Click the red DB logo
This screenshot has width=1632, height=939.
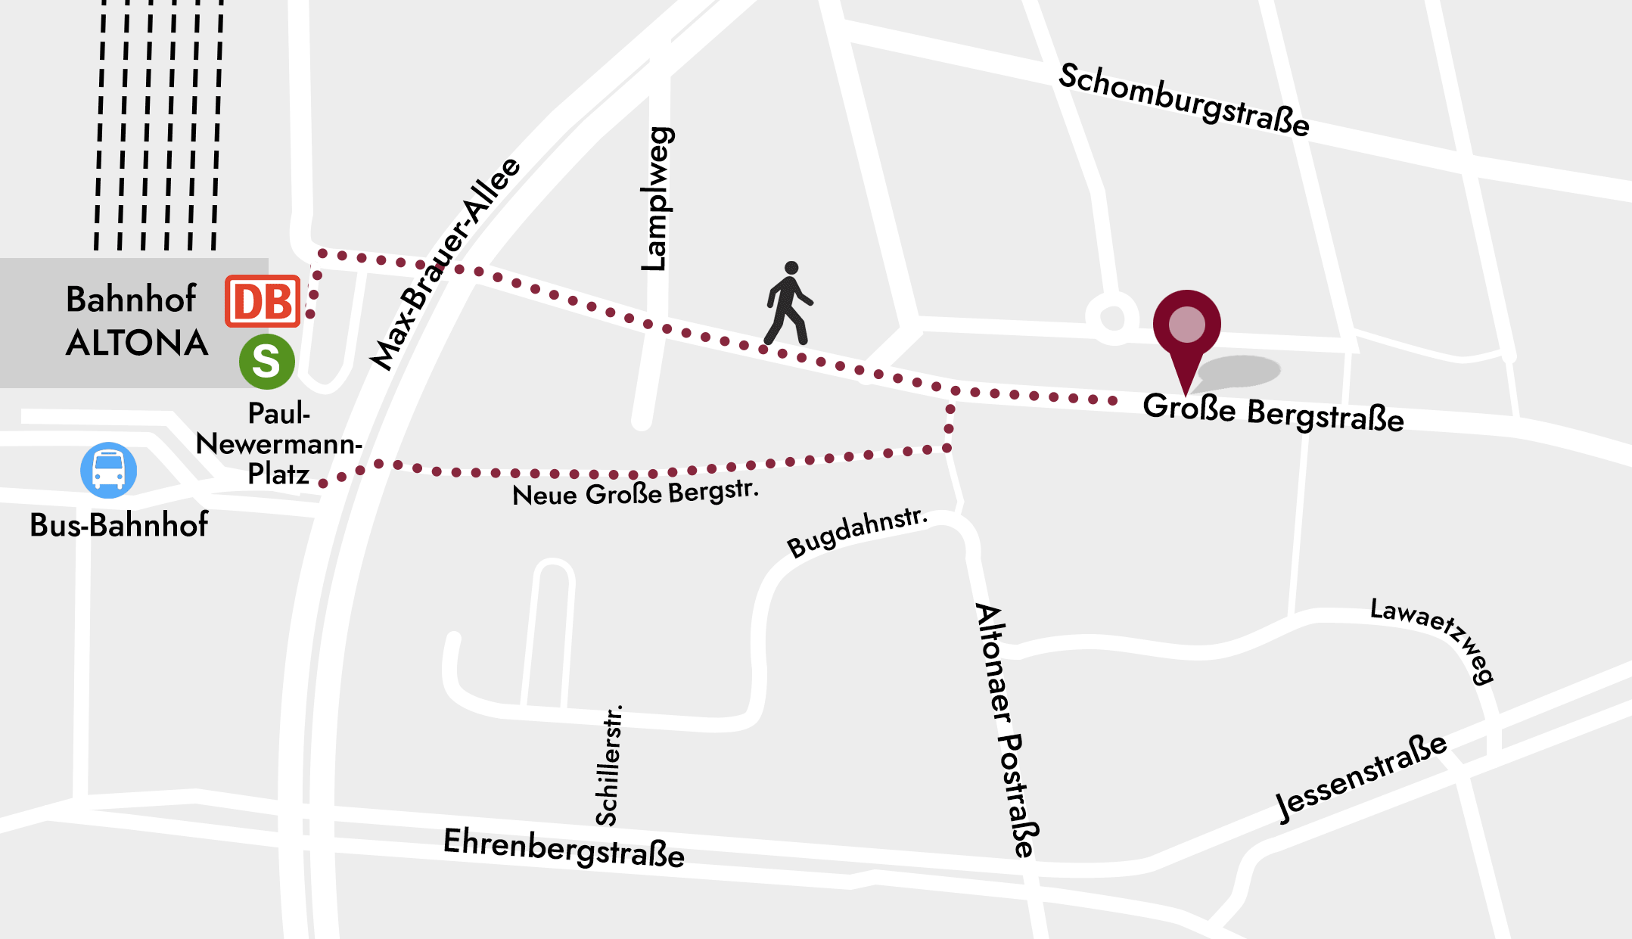(263, 301)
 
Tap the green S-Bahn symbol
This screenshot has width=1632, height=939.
(266, 362)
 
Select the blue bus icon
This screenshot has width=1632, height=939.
(109, 470)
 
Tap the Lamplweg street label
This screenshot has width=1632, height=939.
(655, 199)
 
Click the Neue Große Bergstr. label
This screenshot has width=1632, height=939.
(635, 493)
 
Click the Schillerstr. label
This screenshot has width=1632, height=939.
(608, 765)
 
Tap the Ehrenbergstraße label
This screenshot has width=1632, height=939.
(564, 848)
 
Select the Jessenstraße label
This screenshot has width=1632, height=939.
(1361, 776)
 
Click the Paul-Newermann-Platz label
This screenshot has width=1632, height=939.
(278, 444)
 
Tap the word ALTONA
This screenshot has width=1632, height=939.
(137, 344)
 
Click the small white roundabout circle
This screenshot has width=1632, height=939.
(1112, 318)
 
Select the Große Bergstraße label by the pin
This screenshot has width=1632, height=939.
(1273, 413)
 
